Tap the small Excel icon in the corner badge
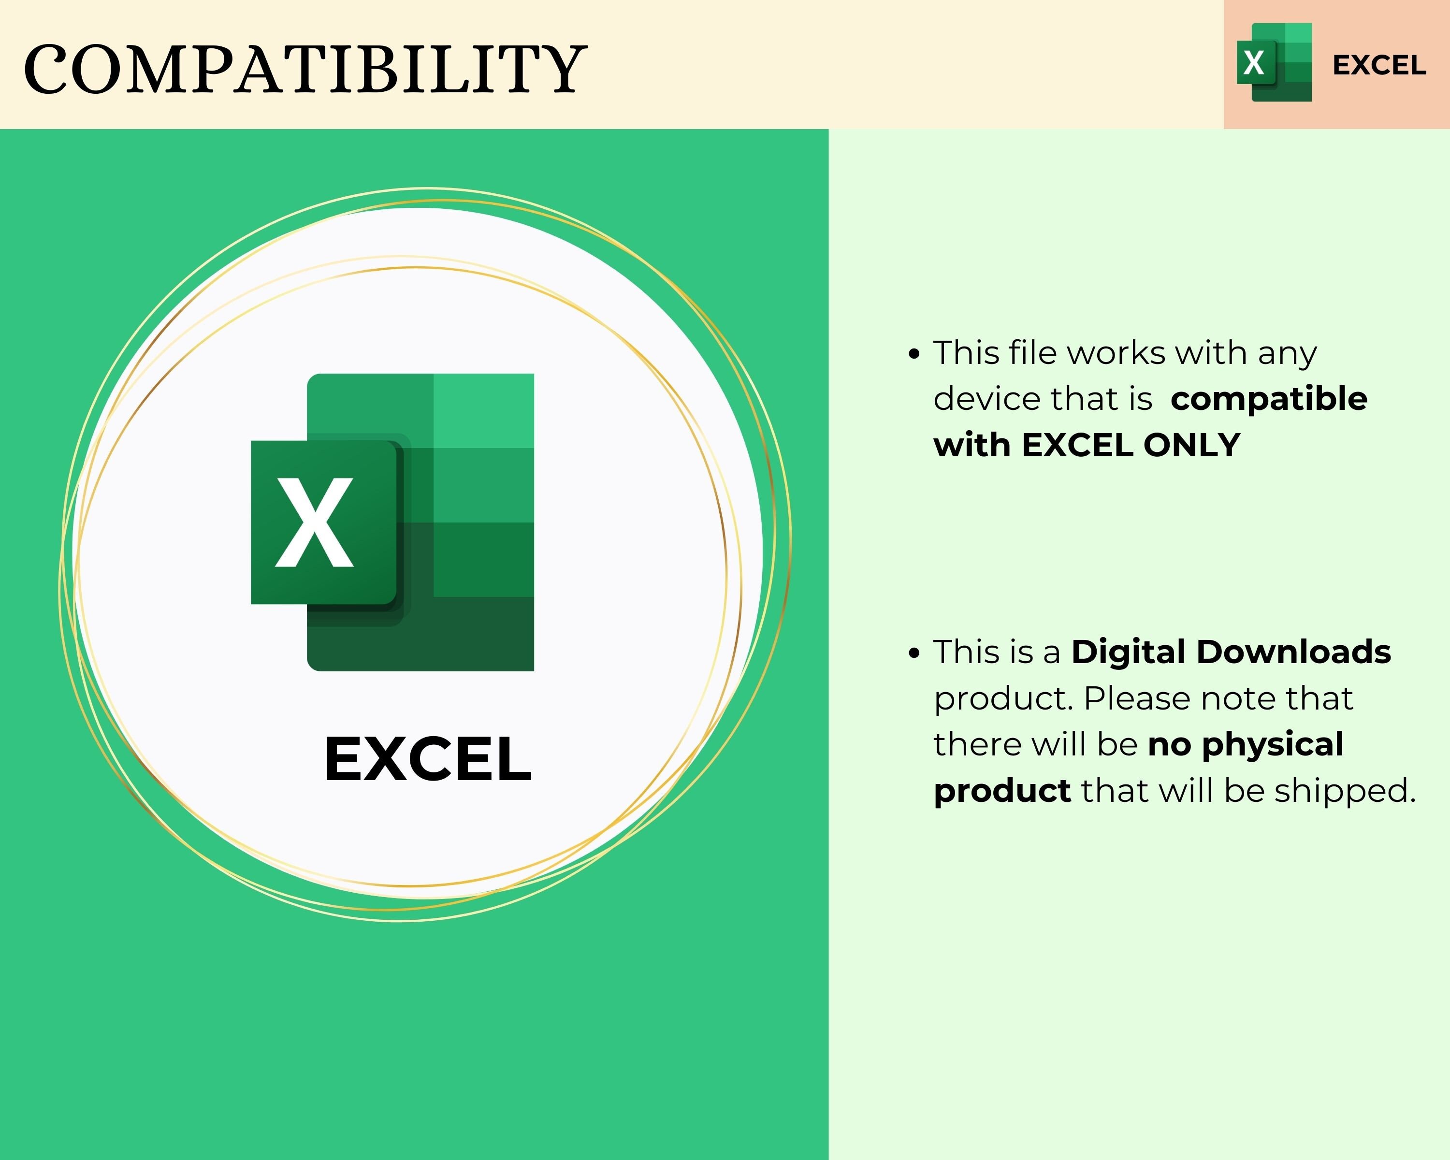click(x=1274, y=62)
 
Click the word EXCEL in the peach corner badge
click(x=1379, y=65)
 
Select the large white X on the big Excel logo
click(x=314, y=522)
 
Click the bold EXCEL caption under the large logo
click(x=428, y=759)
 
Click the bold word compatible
click(x=1268, y=399)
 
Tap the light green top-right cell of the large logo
click(x=483, y=410)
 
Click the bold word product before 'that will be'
click(x=1001, y=792)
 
